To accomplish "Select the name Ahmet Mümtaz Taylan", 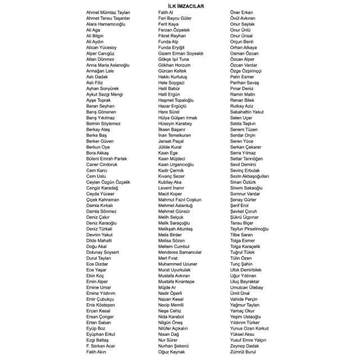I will click(x=108, y=12).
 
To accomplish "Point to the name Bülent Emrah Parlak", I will click(x=107, y=159).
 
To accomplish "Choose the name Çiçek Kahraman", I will click(x=103, y=199).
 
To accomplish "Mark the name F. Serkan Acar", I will click(x=101, y=345).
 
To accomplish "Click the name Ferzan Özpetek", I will click(x=174, y=28).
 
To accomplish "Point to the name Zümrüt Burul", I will click(x=243, y=353).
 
